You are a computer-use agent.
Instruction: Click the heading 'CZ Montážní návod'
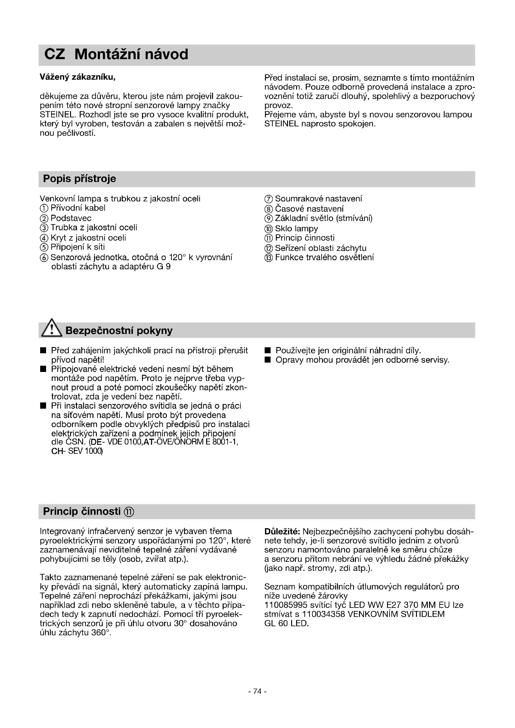tap(116, 54)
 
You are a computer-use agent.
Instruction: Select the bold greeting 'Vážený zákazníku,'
tap(78, 77)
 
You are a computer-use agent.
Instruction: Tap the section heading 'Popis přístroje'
tap(79, 179)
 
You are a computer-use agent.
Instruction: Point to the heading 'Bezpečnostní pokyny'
tap(119, 331)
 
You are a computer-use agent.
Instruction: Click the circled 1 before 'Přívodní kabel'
tap(44, 208)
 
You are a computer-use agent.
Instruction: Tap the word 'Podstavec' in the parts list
tap(71, 218)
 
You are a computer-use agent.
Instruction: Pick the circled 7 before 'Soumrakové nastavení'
tap(268, 199)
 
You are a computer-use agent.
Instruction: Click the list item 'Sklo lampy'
tap(296, 229)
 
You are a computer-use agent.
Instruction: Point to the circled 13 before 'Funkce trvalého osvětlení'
tap(268, 257)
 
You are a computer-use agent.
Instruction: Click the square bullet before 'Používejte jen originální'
tap(268, 351)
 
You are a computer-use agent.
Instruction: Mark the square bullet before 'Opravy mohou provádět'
tap(268, 360)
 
